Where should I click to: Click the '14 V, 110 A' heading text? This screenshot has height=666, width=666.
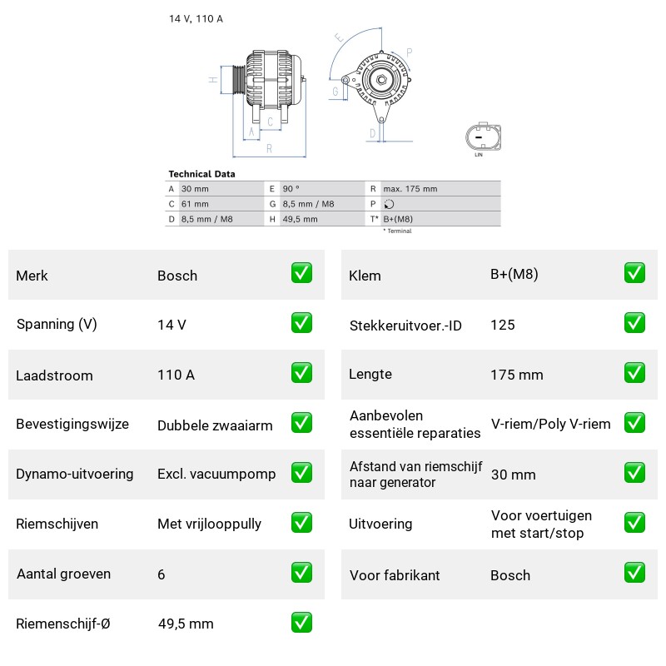coord(196,18)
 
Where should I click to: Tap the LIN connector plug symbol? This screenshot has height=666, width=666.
coord(484,137)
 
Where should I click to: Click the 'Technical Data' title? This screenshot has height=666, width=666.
coord(201,174)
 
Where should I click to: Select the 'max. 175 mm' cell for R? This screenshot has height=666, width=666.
coord(410,189)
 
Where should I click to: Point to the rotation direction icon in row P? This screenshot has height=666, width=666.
coord(389,204)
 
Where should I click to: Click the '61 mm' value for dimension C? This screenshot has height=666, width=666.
coord(195,204)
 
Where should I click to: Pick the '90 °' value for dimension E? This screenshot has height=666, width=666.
coord(291,189)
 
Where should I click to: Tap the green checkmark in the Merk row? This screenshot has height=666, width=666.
coord(301,273)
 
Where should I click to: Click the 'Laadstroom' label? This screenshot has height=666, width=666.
coord(54,375)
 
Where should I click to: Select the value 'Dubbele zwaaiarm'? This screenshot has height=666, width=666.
coord(215,425)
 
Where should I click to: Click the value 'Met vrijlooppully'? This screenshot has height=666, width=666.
coord(210,524)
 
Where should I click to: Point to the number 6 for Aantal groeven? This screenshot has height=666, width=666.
coord(162,574)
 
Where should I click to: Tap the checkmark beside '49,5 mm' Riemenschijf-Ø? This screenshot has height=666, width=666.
coord(301,623)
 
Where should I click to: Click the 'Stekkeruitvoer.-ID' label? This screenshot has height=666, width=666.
coord(405,326)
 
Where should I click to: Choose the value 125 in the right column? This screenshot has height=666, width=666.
coord(503,325)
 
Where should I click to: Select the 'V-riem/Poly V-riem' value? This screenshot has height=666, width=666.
coord(551,424)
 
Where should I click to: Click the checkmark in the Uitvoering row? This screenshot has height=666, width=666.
coord(634,523)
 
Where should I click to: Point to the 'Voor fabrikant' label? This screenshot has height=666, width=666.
coord(395,575)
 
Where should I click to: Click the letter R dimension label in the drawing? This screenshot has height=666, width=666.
coord(269,149)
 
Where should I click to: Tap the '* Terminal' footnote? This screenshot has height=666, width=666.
coord(398,231)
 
